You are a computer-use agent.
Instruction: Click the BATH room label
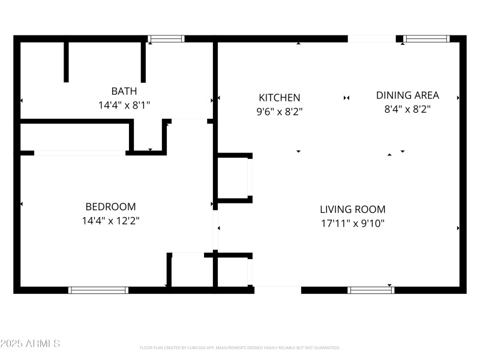point(124,91)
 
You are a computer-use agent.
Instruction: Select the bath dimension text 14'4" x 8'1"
point(124,104)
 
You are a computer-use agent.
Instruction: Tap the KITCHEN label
point(279,97)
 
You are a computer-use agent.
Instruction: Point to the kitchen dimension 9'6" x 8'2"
point(279,110)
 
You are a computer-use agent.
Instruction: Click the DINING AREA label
point(407,95)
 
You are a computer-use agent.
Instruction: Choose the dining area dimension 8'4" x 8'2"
point(407,109)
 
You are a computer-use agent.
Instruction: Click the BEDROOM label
point(110,206)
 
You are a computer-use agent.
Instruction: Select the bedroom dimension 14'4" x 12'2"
point(110,220)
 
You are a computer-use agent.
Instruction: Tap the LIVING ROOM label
point(352,209)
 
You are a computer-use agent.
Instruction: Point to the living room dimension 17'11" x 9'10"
point(352,223)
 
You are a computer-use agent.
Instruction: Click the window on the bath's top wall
point(166,39)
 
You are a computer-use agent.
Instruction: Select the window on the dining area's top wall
point(426,39)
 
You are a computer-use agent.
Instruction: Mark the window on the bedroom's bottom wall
point(98,290)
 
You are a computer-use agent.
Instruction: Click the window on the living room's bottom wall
point(371,290)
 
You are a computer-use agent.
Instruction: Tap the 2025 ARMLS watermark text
point(30,344)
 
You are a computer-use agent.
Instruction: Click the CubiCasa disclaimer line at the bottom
point(240,347)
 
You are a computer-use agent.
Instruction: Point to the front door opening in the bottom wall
point(277,290)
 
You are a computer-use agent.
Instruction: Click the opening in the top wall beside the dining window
point(371,39)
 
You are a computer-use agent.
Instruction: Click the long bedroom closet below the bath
point(75,137)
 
